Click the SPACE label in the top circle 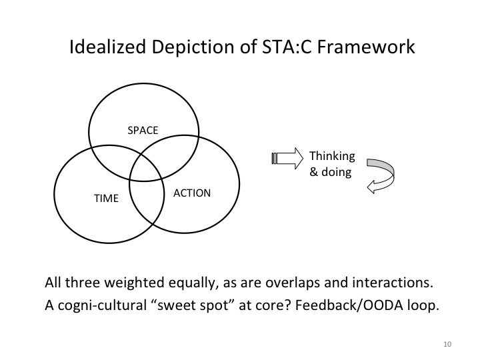coord(143,131)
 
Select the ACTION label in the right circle coord(192,193)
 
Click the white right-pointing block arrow coord(288,159)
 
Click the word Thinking coord(332,157)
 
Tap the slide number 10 coord(446,345)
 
